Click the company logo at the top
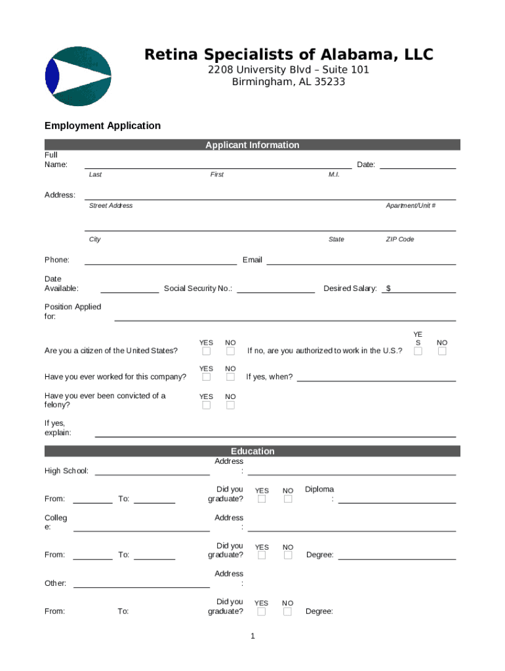coord(78,76)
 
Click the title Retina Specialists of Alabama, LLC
coord(289,55)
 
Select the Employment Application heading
coord(102,126)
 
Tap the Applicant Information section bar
coord(252,145)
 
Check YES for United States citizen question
coord(207,352)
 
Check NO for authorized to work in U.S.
coord(442,352)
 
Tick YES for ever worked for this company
coord(207,377)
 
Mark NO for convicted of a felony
coord(230,406)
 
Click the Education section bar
coord(252,451)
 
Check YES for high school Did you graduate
coord(262,499)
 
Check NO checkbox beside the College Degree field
coord(287,556)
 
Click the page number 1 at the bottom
coord(252,636)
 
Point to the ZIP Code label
coord(399,239)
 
